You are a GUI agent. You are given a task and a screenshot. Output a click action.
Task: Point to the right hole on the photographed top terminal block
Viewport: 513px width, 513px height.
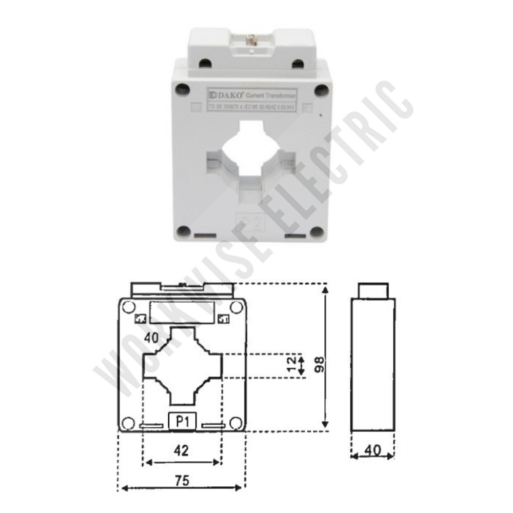point(297,63)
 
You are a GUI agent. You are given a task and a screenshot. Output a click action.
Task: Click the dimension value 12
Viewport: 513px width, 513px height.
point(292,365)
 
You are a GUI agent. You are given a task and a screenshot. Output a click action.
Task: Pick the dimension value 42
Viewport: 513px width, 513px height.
point(182,450)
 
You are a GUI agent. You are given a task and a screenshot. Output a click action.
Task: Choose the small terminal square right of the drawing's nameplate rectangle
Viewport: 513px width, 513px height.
point(223,319)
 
